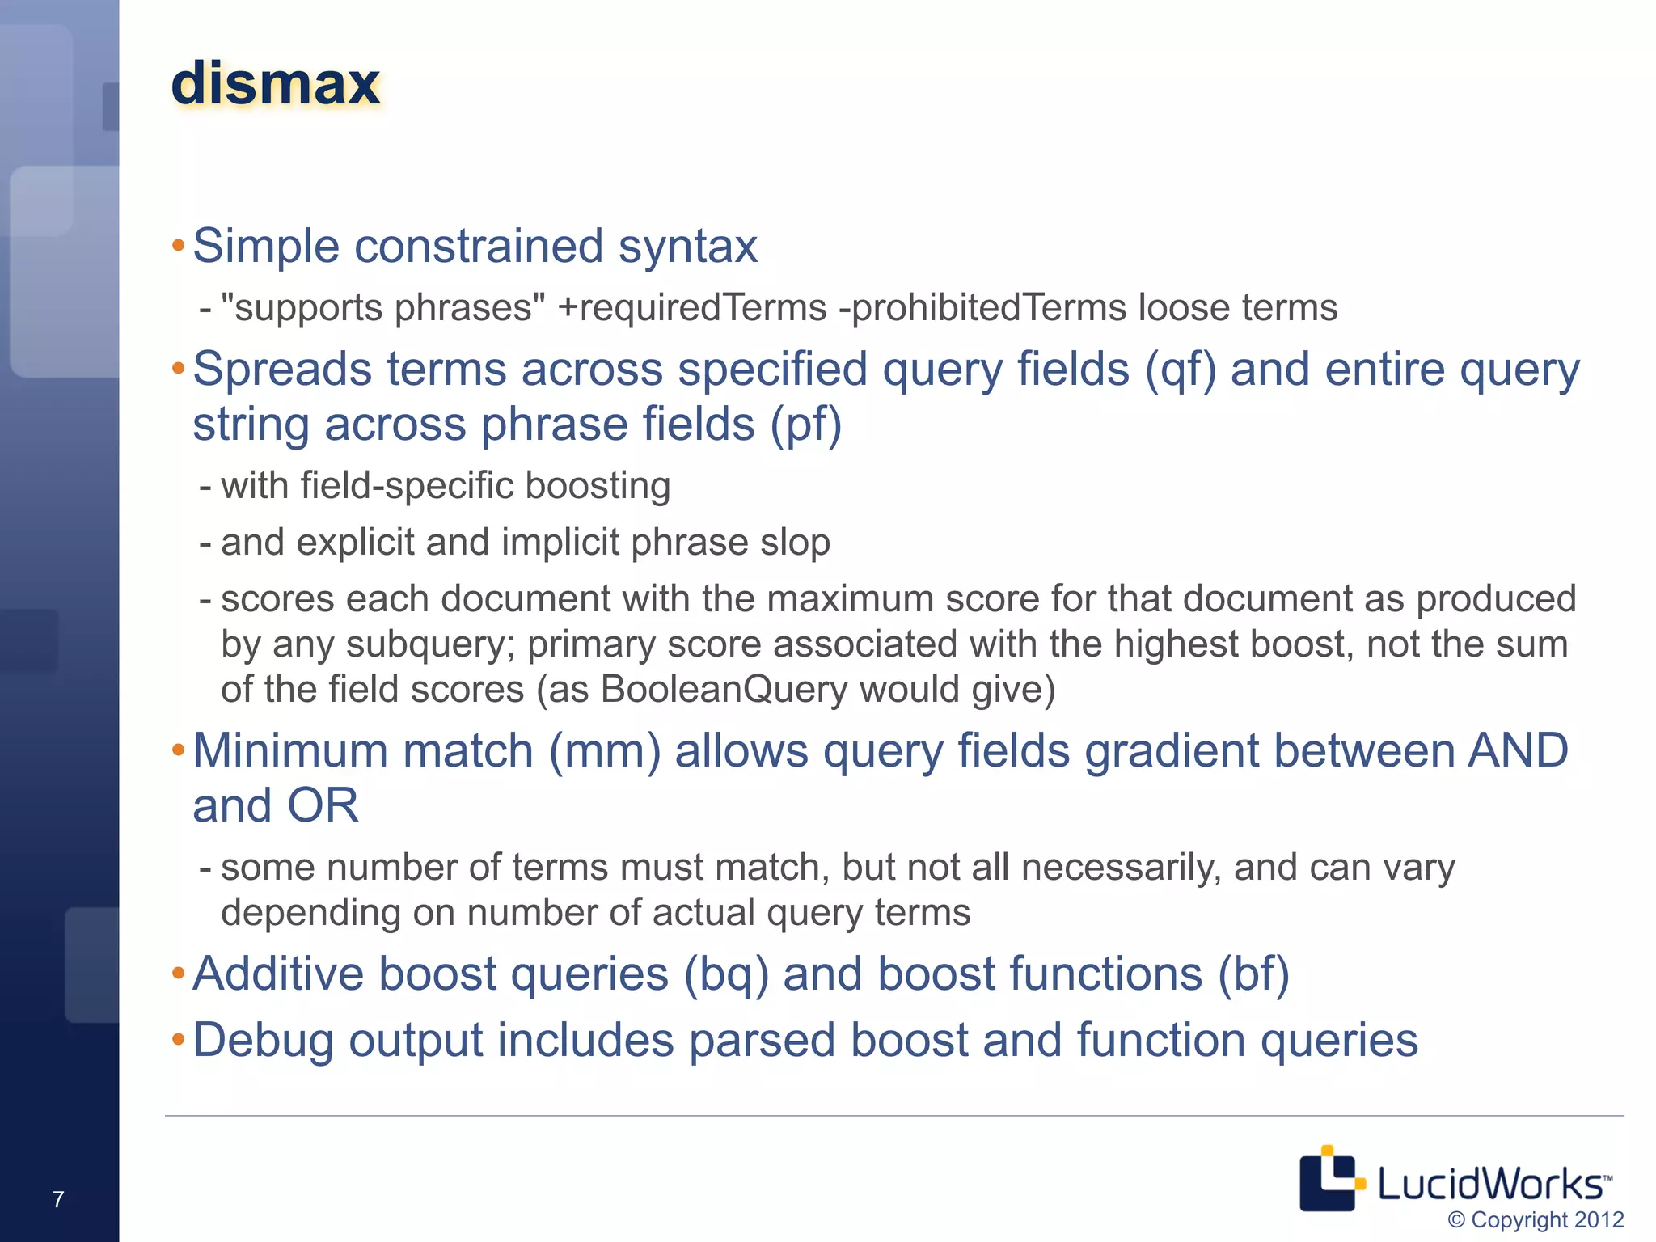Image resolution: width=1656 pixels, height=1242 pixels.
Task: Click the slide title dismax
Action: [275, 84]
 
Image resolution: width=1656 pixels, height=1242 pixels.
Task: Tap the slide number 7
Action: [58, 1199]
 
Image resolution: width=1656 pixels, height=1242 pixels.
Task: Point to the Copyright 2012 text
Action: [1536, 1219]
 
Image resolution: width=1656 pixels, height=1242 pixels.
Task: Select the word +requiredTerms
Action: [692, 308]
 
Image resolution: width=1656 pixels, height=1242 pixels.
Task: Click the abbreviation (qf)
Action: [1180, 370]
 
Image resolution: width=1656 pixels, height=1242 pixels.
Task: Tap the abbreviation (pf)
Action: [805, 425]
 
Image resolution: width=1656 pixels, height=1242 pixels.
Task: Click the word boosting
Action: [598, 486]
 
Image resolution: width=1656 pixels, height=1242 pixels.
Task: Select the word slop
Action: [795, 543]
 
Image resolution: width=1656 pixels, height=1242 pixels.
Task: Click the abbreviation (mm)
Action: [605, 751]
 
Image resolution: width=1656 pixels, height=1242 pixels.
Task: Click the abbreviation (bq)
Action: [725, 974]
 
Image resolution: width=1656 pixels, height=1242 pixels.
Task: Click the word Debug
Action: [263, 1041]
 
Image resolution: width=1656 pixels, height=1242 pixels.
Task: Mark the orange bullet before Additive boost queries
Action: [179, 972]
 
